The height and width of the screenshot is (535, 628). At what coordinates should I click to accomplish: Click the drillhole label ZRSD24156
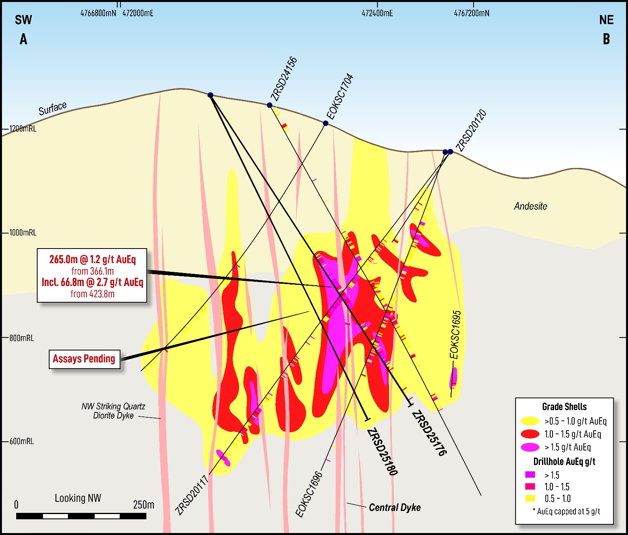tap(284, 79)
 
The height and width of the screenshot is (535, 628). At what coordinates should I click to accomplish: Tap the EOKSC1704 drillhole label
tap(340, 96)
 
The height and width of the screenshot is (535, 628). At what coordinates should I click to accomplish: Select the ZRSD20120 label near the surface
tap(471, 130)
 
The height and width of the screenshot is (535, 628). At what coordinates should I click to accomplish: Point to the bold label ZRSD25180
tap(382, 452)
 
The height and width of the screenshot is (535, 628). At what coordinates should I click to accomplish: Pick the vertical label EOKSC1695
tap(456, 335)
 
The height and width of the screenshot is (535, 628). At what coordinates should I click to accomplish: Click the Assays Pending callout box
tap(84, 359)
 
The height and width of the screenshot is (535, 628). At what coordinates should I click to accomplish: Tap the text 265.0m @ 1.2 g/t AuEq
tap(92, 259)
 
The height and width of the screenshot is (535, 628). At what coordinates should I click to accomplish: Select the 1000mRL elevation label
tap(23, 233)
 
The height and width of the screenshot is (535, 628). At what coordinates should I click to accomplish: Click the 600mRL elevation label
tap(22, 441)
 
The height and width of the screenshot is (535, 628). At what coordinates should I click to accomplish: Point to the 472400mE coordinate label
tap(377, 13)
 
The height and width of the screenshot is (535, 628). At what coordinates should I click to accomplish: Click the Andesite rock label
tap(530, 206)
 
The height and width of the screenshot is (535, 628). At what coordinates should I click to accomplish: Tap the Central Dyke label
tap(395, 507)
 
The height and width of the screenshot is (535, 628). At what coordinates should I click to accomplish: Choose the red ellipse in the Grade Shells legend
tap(530, 434)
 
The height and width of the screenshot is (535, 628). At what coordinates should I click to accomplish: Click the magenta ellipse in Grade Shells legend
tap(530, 447)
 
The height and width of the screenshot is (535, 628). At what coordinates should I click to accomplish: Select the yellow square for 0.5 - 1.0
tap(530, 498)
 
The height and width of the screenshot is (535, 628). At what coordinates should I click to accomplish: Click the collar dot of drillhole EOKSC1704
tap(325, 123)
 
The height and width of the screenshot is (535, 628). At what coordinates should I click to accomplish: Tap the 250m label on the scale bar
tap(143, 505)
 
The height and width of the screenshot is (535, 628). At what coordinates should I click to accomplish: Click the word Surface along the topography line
tap(53, 108)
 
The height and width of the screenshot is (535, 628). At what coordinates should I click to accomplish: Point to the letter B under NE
tap(606, 39)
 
